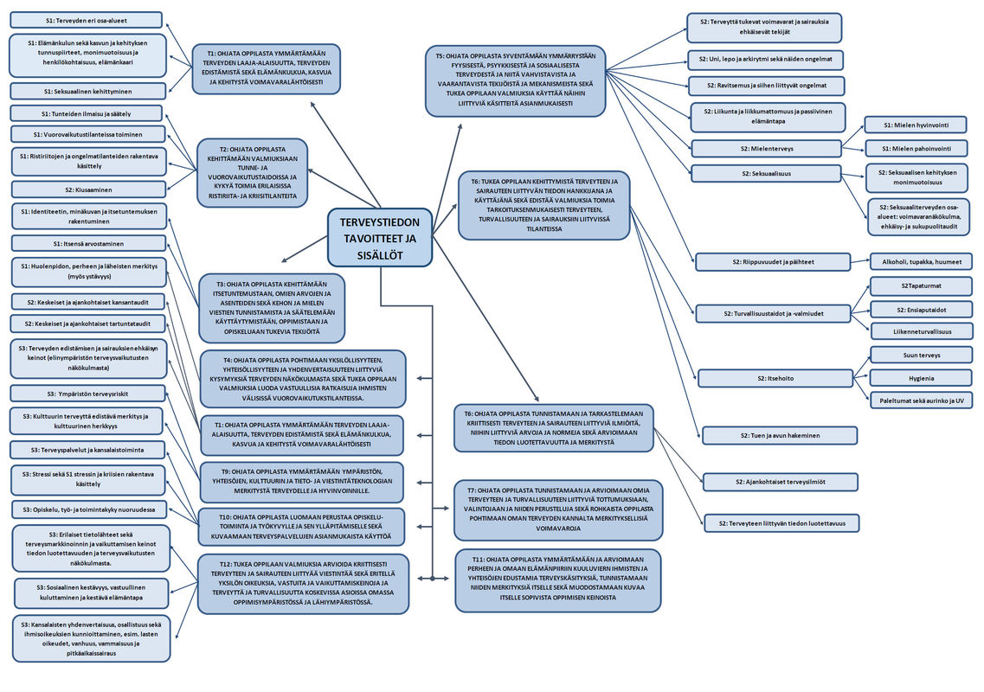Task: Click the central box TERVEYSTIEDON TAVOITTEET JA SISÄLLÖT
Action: (380, 238)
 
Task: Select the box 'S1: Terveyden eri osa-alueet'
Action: (86, 20)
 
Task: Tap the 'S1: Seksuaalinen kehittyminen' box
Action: (87, 91)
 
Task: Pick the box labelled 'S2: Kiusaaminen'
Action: (86, 189)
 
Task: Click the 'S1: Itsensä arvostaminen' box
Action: (87, 244)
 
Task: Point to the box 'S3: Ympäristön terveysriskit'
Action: (87, 394)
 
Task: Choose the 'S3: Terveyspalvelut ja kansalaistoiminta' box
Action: (87, 450)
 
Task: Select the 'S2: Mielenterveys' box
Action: (766, 148)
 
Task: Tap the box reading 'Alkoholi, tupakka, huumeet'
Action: (921, 261)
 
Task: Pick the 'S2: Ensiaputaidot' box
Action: (921, 309)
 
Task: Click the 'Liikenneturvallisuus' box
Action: (921, 331)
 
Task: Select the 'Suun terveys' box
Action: (921, 355)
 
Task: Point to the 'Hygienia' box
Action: (921, 377)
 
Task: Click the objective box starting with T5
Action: (515, 80)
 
